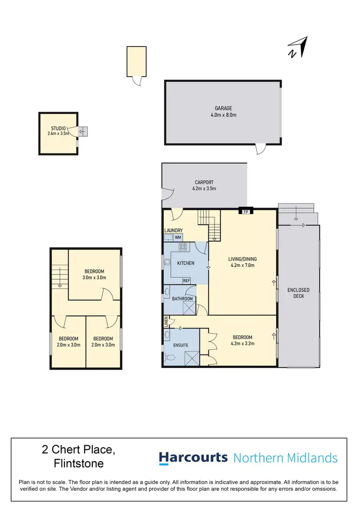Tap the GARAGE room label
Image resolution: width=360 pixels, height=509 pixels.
coord(223,108)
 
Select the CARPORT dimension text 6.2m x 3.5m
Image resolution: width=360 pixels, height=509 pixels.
coord(204,189)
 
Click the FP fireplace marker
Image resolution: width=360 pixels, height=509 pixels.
coord(246,211)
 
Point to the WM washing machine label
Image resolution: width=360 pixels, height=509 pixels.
coord(178,237)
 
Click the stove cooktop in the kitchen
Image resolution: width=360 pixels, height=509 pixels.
coord(183,248)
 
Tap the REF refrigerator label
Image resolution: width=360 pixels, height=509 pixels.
coord(186,281)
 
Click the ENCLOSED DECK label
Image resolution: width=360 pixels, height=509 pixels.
coord(299,293)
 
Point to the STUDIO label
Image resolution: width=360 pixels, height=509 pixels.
coord(58,128)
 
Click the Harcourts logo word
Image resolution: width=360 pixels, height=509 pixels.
coord(193,458)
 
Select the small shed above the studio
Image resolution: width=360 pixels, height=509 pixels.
coord(136,61)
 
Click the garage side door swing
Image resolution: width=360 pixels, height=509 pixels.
coord(260,149)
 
